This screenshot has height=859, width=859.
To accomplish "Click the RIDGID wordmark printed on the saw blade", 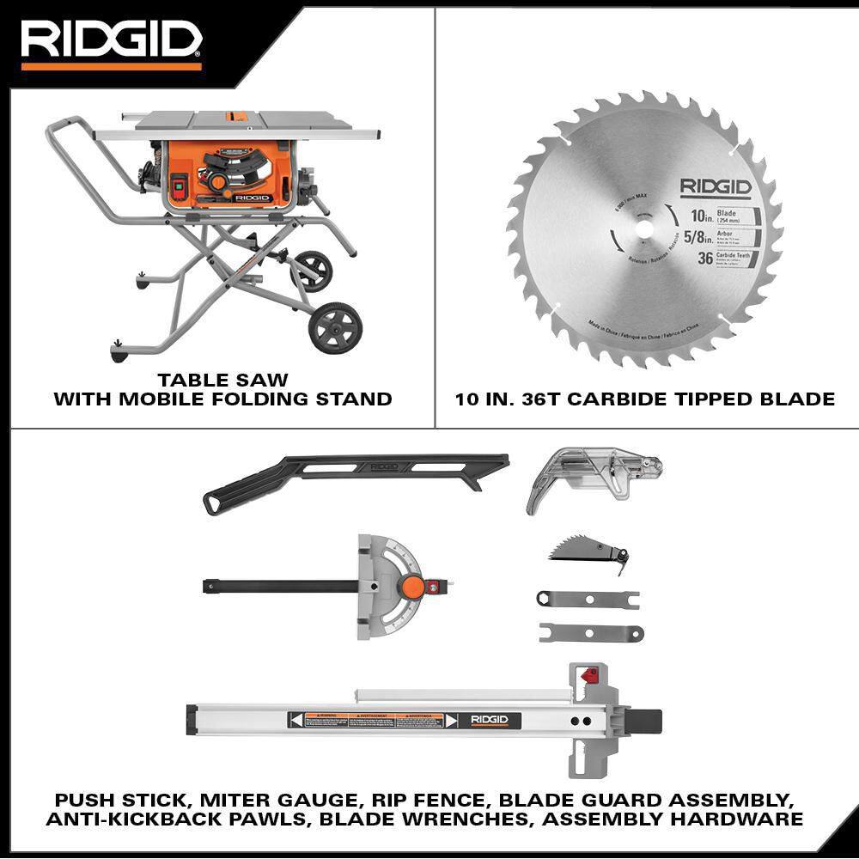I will point(716,186).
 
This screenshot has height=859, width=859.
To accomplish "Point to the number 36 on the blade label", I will point(704,258).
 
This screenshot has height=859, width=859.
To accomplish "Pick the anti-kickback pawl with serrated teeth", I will point(587,550).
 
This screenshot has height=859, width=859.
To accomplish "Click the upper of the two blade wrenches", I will point(587,599).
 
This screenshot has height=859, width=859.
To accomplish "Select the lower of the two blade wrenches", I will point(590,633).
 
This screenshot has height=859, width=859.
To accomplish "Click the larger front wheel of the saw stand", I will point(334,326).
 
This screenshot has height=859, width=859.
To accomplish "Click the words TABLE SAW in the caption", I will point(222,379).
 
